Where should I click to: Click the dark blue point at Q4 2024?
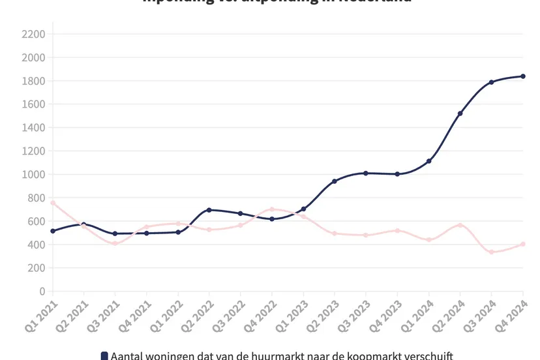[x=523, y=76]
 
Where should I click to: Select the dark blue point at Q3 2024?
[x=492, y=82]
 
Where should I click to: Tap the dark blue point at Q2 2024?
[x=460, y=113]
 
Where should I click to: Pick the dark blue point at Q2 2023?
[x=335, y=181]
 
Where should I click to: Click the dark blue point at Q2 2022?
[x=209, y=210]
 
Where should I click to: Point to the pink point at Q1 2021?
[x=53, y=203]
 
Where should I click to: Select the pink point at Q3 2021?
[x=115, y=243]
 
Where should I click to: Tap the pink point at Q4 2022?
[x=272, y=209]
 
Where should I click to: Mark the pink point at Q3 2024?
[x=492, y=252]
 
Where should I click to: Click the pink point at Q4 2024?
[x=523, y=245]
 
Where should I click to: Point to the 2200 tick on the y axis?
[x=33, y=34]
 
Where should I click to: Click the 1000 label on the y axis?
[x=33, y=174]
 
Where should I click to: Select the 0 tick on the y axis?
[x=42, y=292]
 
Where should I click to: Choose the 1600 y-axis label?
[x=33, y=104]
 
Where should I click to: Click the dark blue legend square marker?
[x=104, y=355]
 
